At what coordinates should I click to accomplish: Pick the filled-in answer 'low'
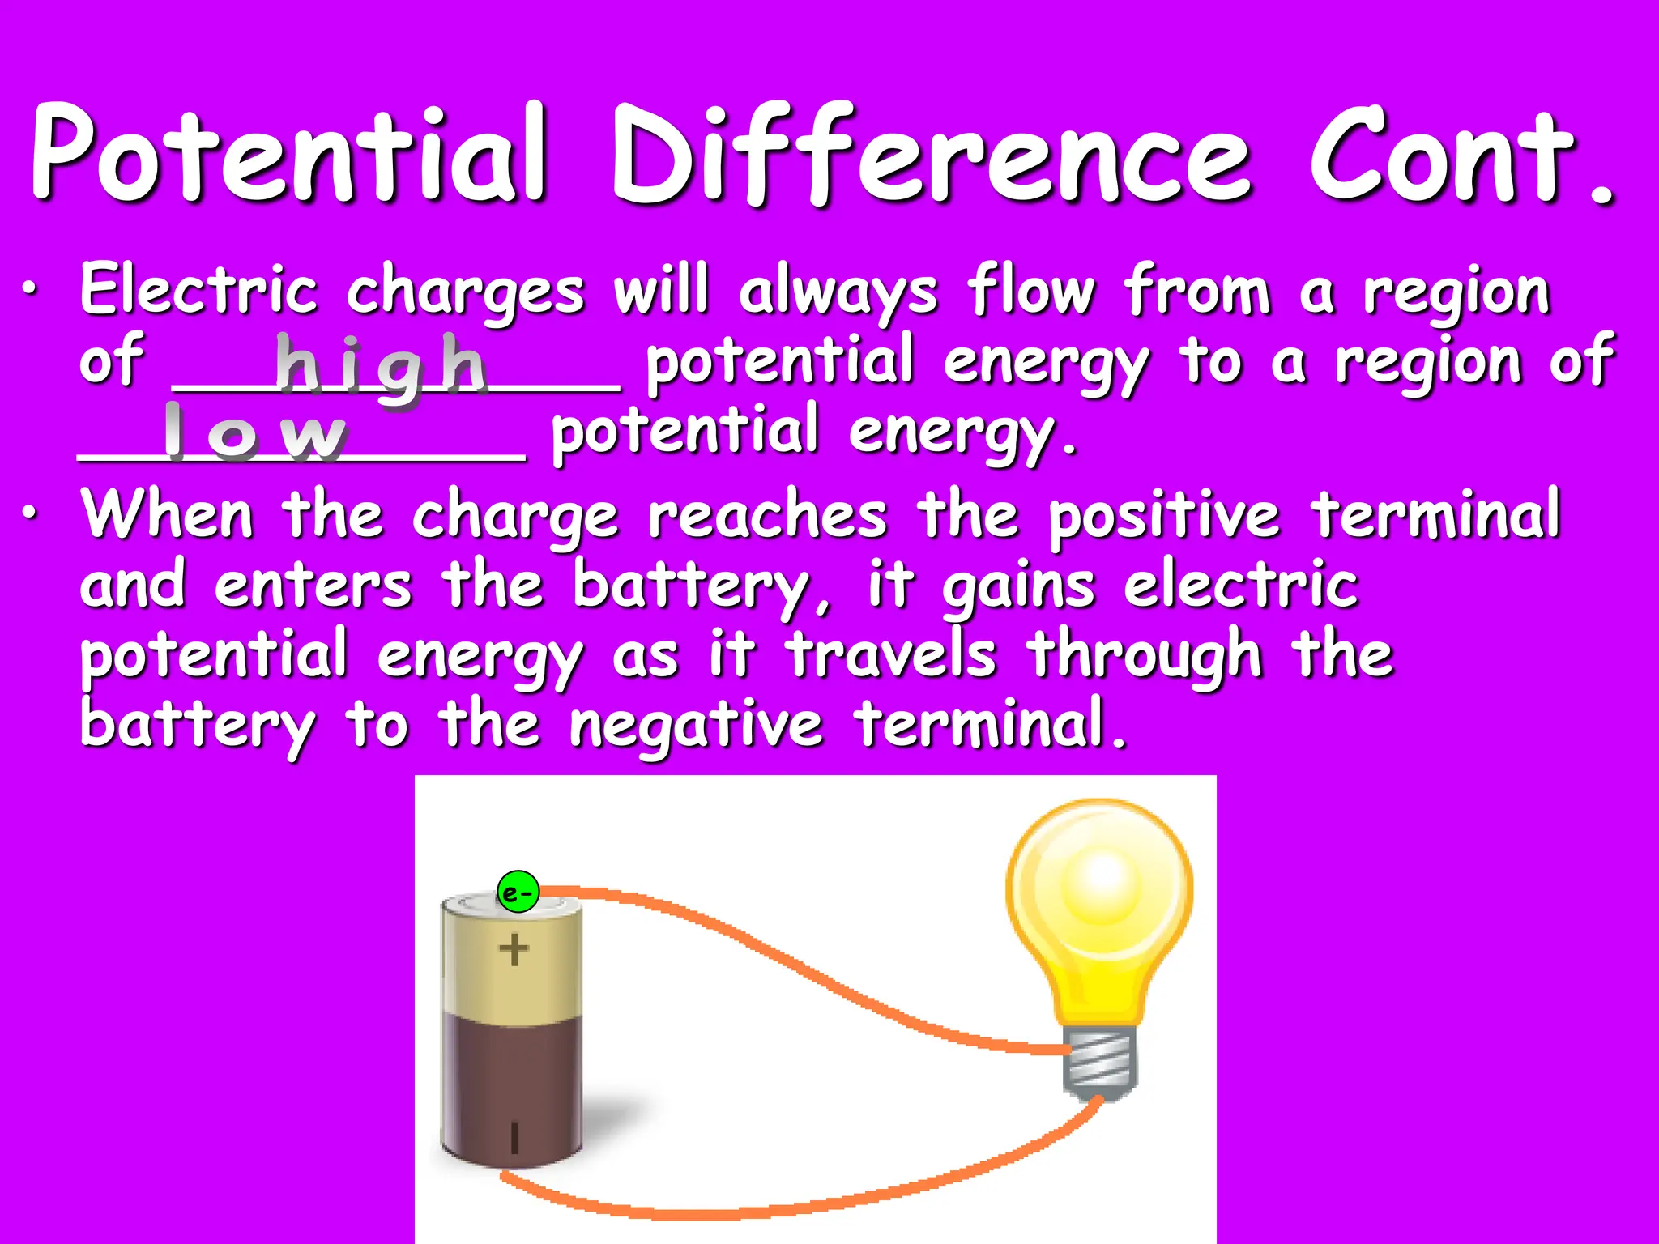click(255, 433)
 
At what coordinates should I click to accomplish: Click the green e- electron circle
click(518, 893)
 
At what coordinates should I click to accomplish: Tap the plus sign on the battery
click(514, 949)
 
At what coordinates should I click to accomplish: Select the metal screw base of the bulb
click(1100, 1061)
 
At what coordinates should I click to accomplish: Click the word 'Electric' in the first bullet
click(198, 292)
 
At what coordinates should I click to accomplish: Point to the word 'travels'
click(891, 656)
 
